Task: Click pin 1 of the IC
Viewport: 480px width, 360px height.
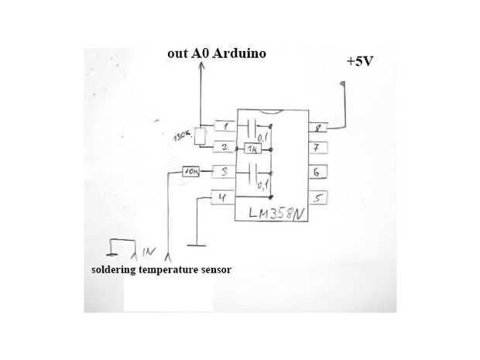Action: [224, 127]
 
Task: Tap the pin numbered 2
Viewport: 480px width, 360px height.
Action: [224, 146]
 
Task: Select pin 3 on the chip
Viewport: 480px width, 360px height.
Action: [224, 172]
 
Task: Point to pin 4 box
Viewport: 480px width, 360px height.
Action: [224, 197]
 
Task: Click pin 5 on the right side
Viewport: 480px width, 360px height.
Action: [319, 197]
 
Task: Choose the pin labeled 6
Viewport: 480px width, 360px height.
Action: [319, 172]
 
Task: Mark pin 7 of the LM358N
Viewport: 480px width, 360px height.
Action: [319, 146]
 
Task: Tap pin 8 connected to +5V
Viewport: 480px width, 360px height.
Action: [319, 128]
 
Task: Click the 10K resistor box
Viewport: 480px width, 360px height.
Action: [190, 172]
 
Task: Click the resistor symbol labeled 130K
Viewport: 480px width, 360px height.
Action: [201, 136]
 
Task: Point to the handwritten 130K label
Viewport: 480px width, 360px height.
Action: [183, 137]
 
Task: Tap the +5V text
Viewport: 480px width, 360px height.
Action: [359, 60]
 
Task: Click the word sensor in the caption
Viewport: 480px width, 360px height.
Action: [214, 269]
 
